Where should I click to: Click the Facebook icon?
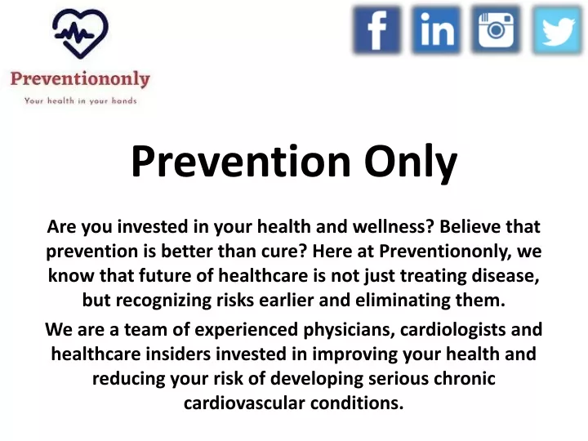click(x=376, y=30)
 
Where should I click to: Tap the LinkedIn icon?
click(x=436, y=30)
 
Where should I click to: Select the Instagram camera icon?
click(x=496, y=30)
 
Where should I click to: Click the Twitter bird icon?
click(x=558, y=31)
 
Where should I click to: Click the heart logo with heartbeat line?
click(x=80, y=33)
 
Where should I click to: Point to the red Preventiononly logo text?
click(x=80, y=79)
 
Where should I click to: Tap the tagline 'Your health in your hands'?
click(x=80, y=100)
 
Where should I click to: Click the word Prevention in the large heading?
click(x=241, y=161)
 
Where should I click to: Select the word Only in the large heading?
click(x=411, y=163)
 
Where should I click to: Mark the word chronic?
click(x=464, y=378)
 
